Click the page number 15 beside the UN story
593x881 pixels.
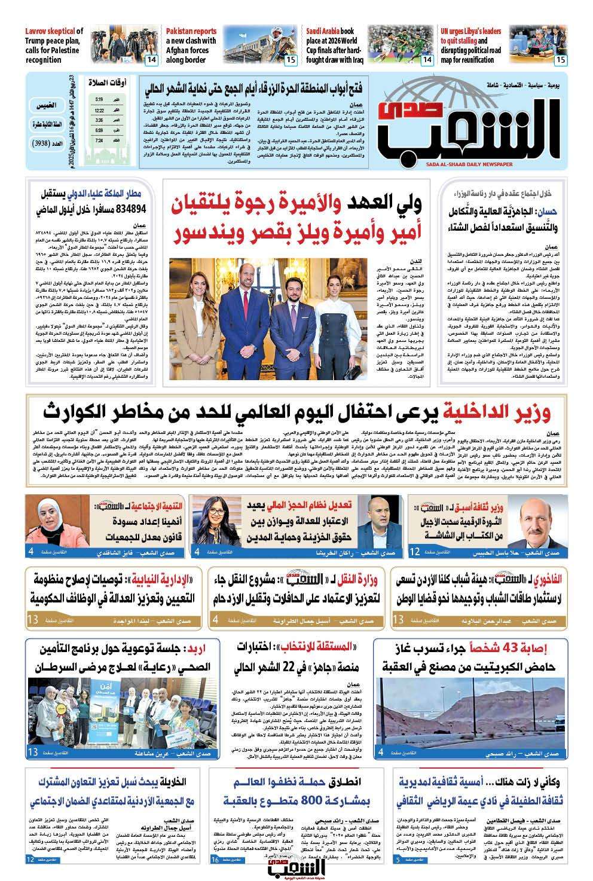560,60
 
